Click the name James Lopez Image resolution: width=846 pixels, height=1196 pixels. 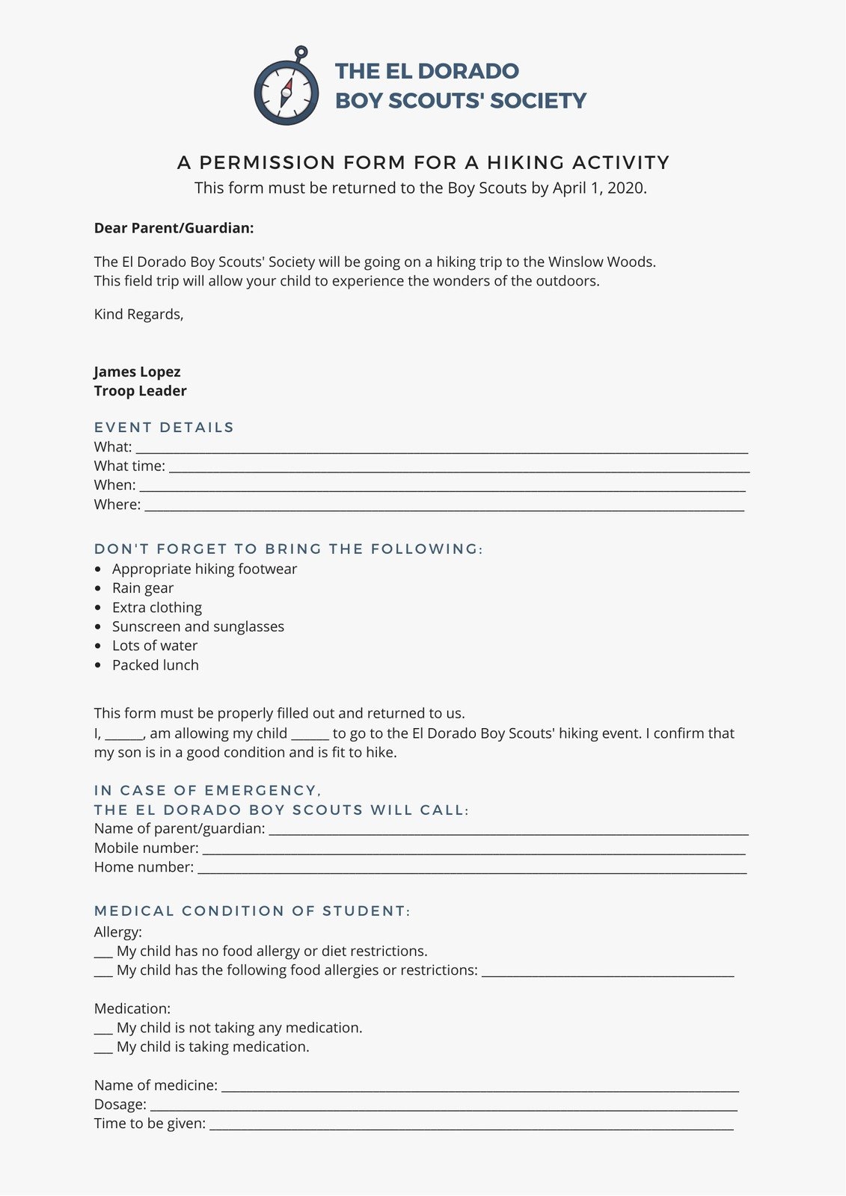[x=137, y=372]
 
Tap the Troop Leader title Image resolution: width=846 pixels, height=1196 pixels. [x=140, y=391]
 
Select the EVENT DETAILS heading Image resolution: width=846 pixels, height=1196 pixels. [x=164, y=428]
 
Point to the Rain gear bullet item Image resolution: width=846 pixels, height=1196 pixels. [x=143, y=588]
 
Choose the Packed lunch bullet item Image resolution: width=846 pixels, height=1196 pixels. [x=156, y=665]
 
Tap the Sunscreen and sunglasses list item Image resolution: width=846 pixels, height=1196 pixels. [x=198, y=626]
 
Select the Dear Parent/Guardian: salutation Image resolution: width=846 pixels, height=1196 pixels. [x=174, y=228]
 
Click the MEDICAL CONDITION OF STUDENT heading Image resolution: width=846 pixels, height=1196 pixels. [x=252, y=911]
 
